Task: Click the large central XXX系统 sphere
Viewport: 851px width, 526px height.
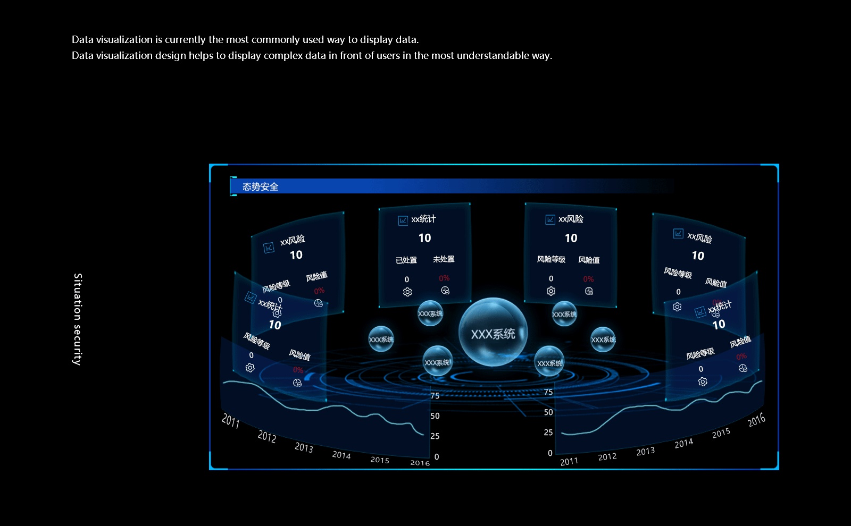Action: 493,333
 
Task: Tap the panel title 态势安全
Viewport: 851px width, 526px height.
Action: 260,186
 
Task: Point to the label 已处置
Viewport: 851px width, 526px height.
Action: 406,260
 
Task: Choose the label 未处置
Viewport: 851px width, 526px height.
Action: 444,259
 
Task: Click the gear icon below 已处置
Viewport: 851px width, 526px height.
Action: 407,292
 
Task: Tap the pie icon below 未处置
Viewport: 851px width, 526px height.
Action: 445,290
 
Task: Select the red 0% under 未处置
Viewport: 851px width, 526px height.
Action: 444,278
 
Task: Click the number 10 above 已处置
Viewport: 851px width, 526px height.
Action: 424,238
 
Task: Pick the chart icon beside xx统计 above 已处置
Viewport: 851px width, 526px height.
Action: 403,220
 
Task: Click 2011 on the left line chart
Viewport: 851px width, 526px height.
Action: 230,421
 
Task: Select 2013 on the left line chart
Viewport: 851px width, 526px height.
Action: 304,447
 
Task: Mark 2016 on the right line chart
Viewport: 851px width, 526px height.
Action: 756,420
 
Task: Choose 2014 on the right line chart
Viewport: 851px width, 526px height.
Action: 683,443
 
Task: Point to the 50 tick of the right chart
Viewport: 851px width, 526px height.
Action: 548,412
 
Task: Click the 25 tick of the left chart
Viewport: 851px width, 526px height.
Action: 435,436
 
